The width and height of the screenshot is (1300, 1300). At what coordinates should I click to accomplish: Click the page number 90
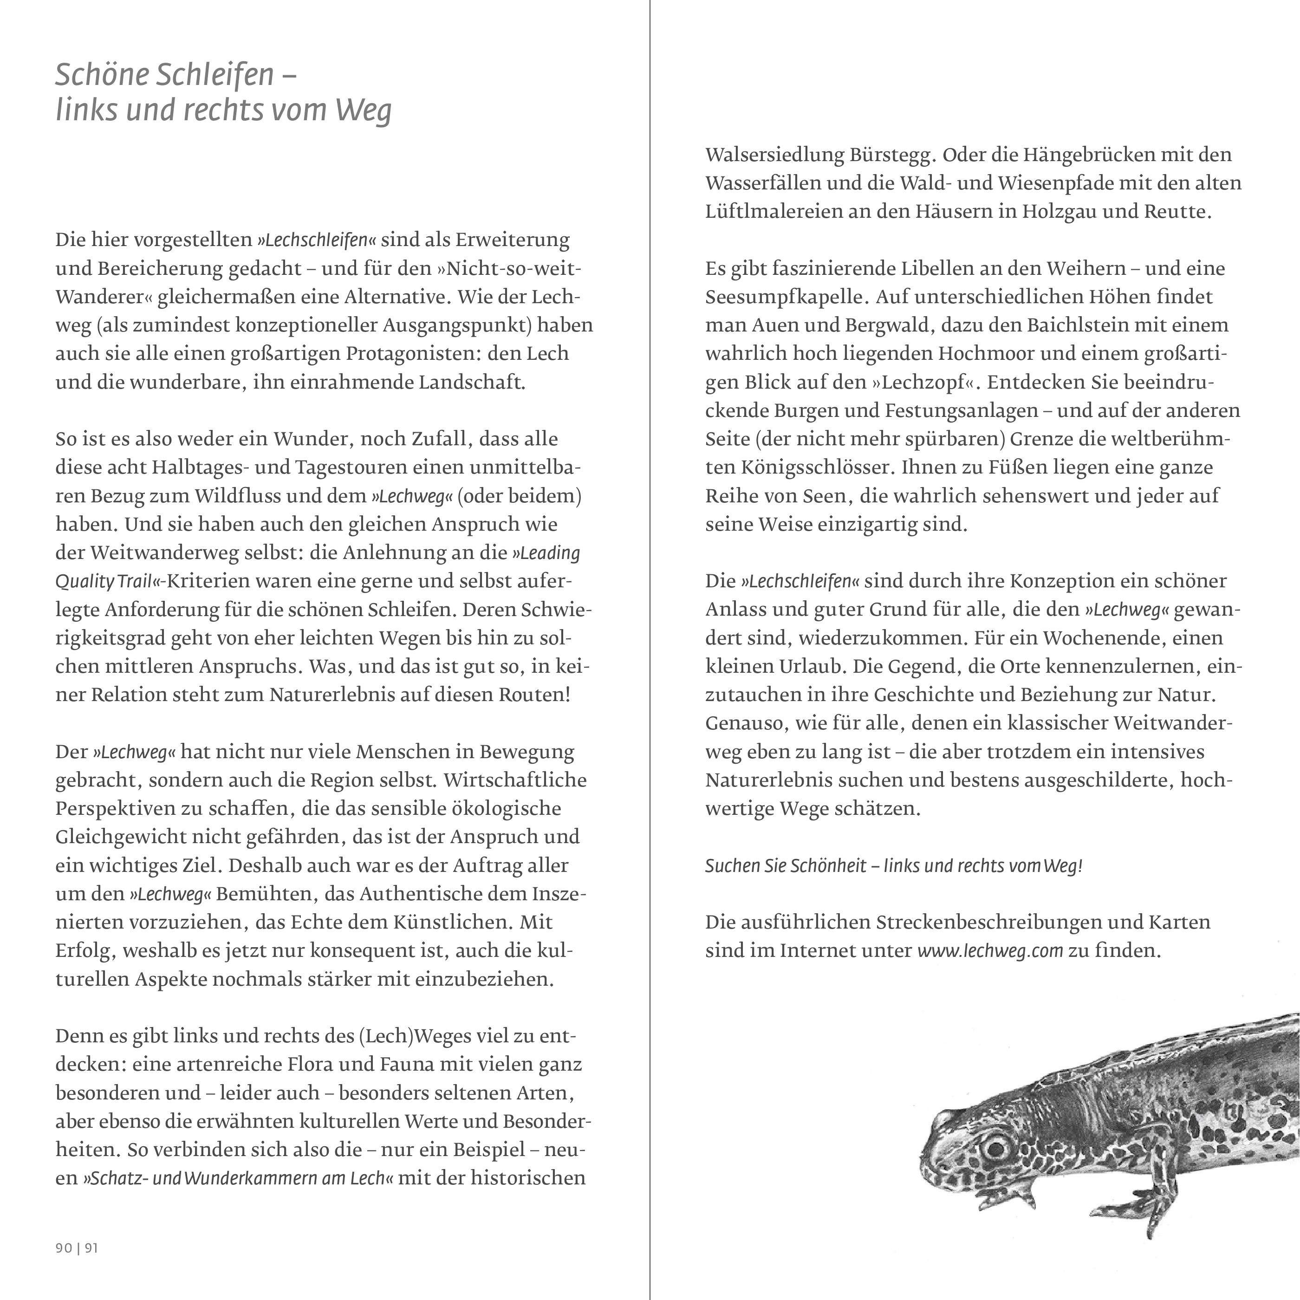coord(64,1248)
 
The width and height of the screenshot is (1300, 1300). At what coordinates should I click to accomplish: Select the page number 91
coord(91,1248)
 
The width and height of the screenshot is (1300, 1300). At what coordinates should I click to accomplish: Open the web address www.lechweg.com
coord(990,951)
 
